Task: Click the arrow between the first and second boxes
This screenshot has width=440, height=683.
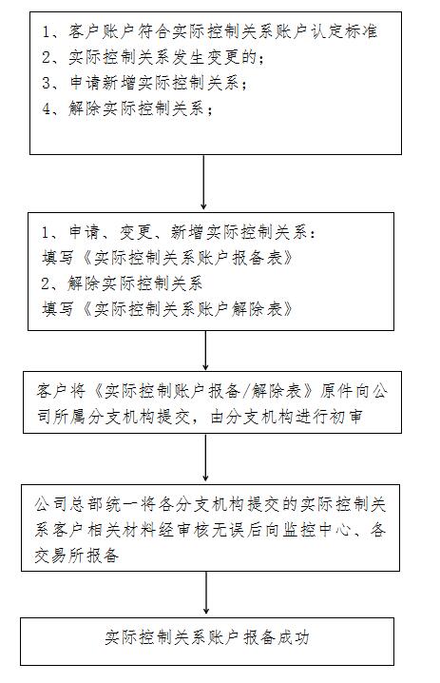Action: click(203, 182)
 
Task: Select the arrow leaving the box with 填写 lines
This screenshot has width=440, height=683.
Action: click(205, 350)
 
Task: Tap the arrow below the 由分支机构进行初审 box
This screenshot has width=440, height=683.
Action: click(205, 457)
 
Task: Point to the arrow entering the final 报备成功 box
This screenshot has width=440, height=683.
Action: click(206, 593)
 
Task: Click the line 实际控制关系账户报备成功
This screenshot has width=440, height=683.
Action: click(207, 637)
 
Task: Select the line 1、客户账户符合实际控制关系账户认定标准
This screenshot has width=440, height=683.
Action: click(209, 31)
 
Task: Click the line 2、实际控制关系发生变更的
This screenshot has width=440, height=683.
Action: click(153, 57)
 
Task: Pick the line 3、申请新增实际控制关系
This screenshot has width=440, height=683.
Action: click(144, 83)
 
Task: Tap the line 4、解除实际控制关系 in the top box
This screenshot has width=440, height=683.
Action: click(127, 108)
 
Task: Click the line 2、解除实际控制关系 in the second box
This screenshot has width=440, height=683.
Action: click(122, 283)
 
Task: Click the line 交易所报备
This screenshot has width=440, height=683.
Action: click(77, 556)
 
